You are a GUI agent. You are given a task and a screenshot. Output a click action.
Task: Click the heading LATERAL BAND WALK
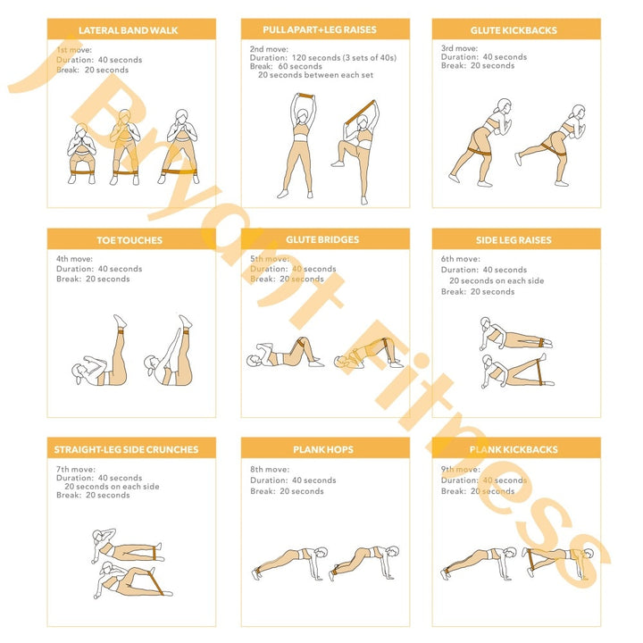pyautogui.click(x=129, y=30)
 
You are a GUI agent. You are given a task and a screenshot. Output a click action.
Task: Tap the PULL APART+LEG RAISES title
pyautogui.click(x=320, y=30)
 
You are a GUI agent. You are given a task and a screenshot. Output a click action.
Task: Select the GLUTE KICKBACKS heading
pyautogui.click(x=514, y=30)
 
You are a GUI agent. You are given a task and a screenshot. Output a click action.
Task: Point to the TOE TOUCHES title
pyautogui.click(x=129, y=240)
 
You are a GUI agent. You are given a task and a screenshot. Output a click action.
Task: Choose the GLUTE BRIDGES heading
pyautogui.click(x=322, y=240)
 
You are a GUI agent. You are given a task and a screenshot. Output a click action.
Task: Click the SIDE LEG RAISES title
pyautogui.click(x=514, y=240)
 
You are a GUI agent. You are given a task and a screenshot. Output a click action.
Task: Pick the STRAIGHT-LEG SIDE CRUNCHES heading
pyautogui.click(x=126, y=449)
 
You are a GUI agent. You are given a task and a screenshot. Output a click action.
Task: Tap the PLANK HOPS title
pyautogui.click(x=323, y=449)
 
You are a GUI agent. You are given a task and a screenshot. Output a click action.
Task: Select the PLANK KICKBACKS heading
pyautogui.click(x=514, y=449)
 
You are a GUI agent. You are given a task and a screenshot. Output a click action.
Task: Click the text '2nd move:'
pyautogui.click(x=269, y=49)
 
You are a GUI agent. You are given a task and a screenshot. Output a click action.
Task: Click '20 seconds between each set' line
pyautogui.click(x=316, y=75)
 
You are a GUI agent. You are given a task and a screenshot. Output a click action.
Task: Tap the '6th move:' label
pyautogui.click(x=461, y=259)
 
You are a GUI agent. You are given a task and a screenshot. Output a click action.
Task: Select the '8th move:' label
pyautogui.click(x=270, y=469)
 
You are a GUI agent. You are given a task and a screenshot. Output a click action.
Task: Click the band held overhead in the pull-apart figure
pyautogui.click(x=305, y=96)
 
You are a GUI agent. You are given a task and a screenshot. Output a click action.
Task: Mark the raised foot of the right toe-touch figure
pyautogui.click(x=185, y=321)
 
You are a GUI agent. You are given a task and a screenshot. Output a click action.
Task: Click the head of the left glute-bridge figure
pyautogui.click(x=254, y=361)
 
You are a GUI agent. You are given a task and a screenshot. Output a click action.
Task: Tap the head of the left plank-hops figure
pyautogui.click(x=321, y=553)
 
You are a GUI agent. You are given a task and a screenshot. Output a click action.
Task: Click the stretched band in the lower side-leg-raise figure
pyautogui.click(x=539, y=372)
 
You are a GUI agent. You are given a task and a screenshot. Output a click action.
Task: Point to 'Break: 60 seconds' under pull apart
pyautogui.click(x=286, y=66)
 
